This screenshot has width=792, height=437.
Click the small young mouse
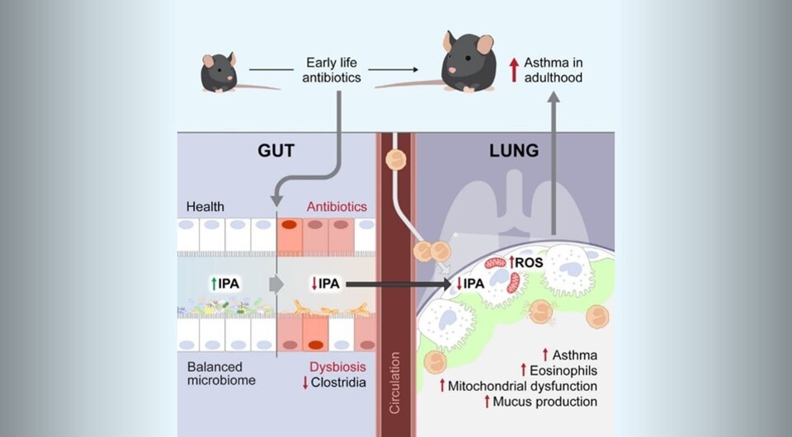click(x=219, y=72)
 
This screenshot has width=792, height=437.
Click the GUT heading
click(x=277, y=150)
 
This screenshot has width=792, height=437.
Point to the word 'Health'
click(x=205, y=206)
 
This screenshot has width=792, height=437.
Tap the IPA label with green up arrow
click(x=225, y=284)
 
